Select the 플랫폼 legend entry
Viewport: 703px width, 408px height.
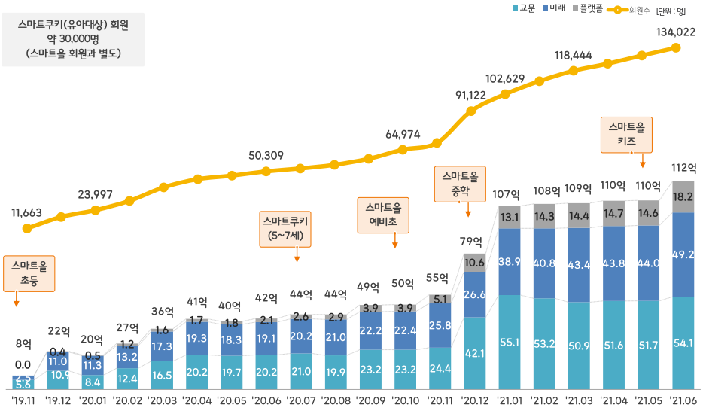point(586,9)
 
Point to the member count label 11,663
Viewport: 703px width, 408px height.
point(26,212)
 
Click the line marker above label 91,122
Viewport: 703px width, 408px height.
point(471,111)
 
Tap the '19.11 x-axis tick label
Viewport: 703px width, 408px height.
point(23,399)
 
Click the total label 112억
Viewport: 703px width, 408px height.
point(683,167)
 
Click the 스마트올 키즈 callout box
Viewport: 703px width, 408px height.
point(627,134)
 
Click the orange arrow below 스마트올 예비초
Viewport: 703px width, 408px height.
point(394,242)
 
